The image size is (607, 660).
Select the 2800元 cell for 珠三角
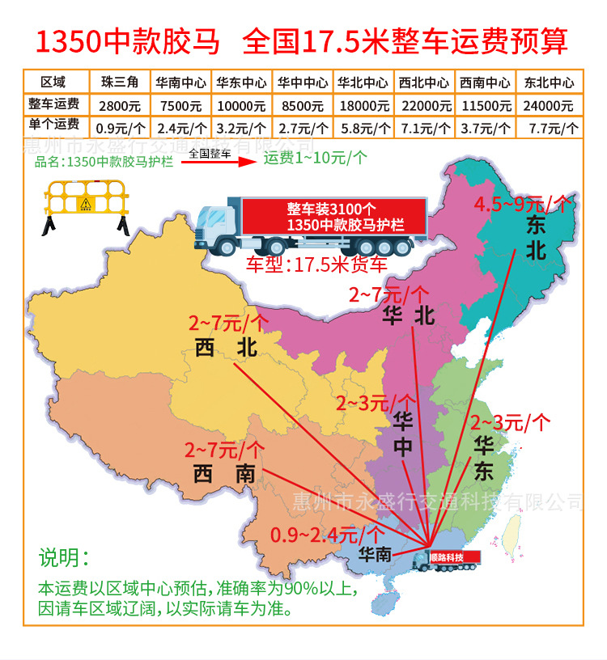click(119, 105)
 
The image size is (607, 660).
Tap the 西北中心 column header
click(424, 82)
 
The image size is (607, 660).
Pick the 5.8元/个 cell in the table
click(363, 127)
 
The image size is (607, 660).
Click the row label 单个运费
click(53, 125)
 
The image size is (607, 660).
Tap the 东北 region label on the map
click(536, 239)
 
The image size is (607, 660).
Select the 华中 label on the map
click(402, 434)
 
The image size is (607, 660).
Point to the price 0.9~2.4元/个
click(327, 535)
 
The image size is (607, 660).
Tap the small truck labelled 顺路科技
click(447, 560)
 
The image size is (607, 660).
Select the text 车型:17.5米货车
click(316, 264)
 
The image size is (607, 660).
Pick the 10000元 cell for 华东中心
click(240, 105)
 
